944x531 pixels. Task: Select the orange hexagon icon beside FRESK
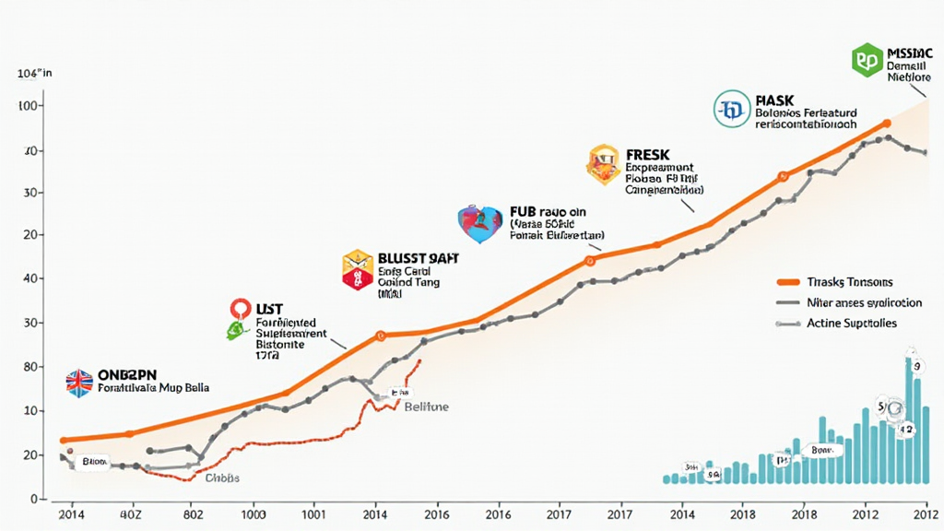coord(602,164)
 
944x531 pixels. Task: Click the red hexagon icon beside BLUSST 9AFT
coord(357,269)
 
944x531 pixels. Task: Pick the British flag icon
coord(79,383)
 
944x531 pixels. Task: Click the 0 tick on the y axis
coord(32,499)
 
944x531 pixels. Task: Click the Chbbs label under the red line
coord(222,478)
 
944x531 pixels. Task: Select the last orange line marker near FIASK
coord(887,123)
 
